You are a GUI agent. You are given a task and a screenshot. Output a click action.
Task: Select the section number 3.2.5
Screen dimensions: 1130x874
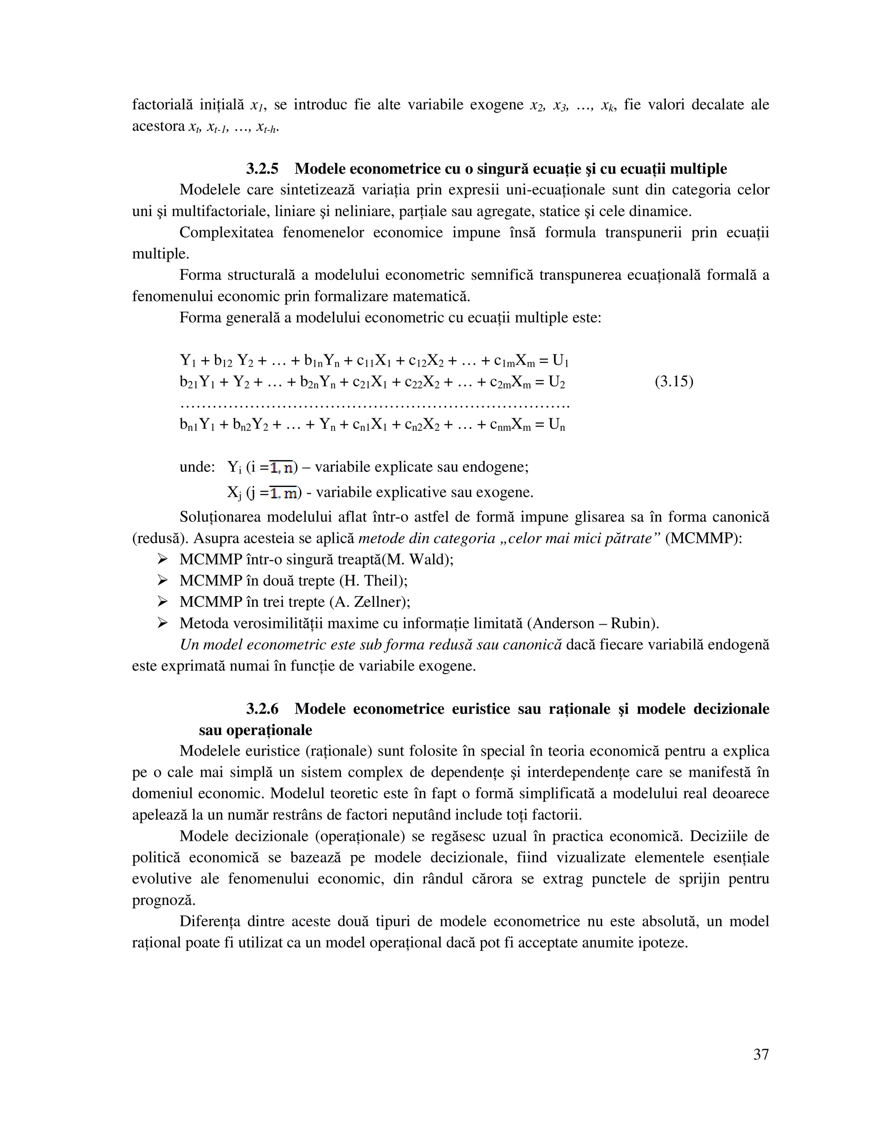tap(262, 169)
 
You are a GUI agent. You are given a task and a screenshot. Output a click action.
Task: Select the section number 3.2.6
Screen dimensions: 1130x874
tap(262, 708)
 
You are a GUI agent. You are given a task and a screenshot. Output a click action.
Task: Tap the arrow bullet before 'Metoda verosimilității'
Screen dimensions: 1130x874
tap(163, 623)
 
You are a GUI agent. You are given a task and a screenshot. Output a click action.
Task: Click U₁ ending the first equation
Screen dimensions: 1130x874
tap(560, 361)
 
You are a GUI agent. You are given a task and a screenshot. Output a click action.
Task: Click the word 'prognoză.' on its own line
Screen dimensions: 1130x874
tap(163, 900)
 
